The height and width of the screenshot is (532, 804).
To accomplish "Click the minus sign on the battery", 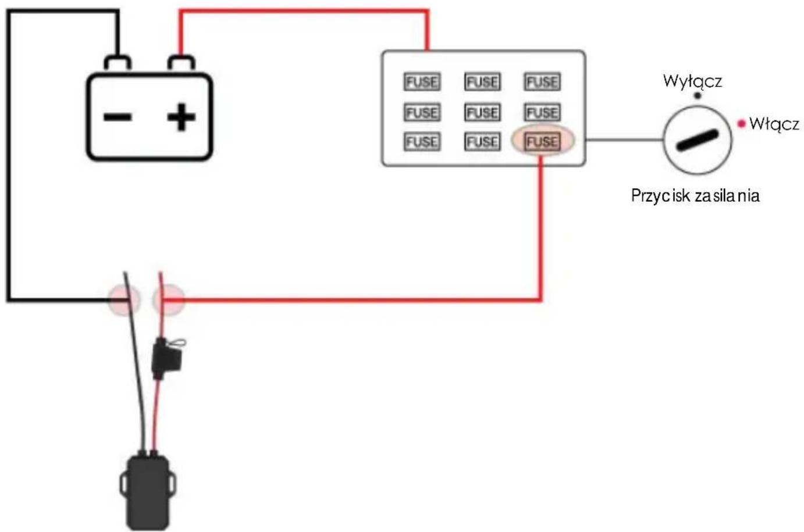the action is click(x=118, y=117).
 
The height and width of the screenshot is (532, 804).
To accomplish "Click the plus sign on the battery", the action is click(x=182, y=117).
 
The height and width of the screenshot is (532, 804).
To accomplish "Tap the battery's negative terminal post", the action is click(x=118, y=63).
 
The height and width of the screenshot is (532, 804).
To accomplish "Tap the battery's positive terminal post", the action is click(x=182, y=63).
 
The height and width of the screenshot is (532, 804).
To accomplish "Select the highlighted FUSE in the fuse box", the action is click(x=542, y=141).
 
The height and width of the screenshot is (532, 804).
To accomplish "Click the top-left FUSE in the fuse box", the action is click(x=422, y=82).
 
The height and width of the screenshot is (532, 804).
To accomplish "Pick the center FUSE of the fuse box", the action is click(x=482, y=112).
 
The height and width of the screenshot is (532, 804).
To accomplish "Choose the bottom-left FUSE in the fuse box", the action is click(x=422, y=141).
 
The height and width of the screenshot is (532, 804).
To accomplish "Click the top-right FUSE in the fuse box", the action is click(x=542, y=82).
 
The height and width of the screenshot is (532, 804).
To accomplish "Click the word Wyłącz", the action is click(x=692, y=81).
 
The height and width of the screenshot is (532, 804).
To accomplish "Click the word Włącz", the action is click(x=774, y=124).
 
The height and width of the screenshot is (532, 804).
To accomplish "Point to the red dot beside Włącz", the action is click(x=742, y=124).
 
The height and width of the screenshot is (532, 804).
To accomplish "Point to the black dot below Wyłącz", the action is click(x=698, y=96).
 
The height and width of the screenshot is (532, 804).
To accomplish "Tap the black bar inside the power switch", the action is click(x=698, y=140).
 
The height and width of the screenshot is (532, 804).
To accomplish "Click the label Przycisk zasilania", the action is click(x=695, y=196).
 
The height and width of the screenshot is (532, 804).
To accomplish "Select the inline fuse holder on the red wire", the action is click(x=167, y=358).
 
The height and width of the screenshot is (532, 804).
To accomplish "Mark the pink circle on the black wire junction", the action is click(x=124, y=300).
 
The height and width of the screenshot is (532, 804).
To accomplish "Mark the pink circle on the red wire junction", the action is click(x=168, y=300).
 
